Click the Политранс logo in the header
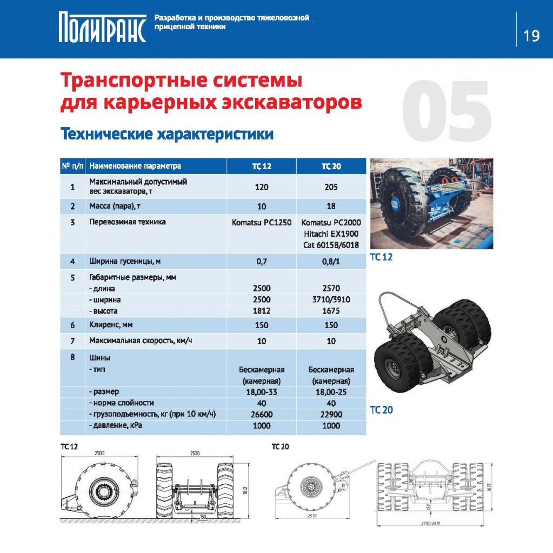[102, 27]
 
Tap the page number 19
[531, 36]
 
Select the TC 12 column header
[261, 166]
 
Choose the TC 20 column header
[331, 166]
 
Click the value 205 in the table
[331, 187]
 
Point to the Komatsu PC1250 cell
[261, 223]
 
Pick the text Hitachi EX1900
[331, 234]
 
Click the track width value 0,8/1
[331, 262]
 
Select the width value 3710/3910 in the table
[331, 299]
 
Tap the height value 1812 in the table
[261, 311]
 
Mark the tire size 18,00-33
[261, 392]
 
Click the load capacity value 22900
[331, 415]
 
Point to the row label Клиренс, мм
[111, 325]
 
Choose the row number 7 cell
[72, 341]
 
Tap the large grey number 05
[447, 110]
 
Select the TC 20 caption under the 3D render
[381, 410]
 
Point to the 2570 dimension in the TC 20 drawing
[312, 516]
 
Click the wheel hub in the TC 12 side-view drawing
[103, 491]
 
